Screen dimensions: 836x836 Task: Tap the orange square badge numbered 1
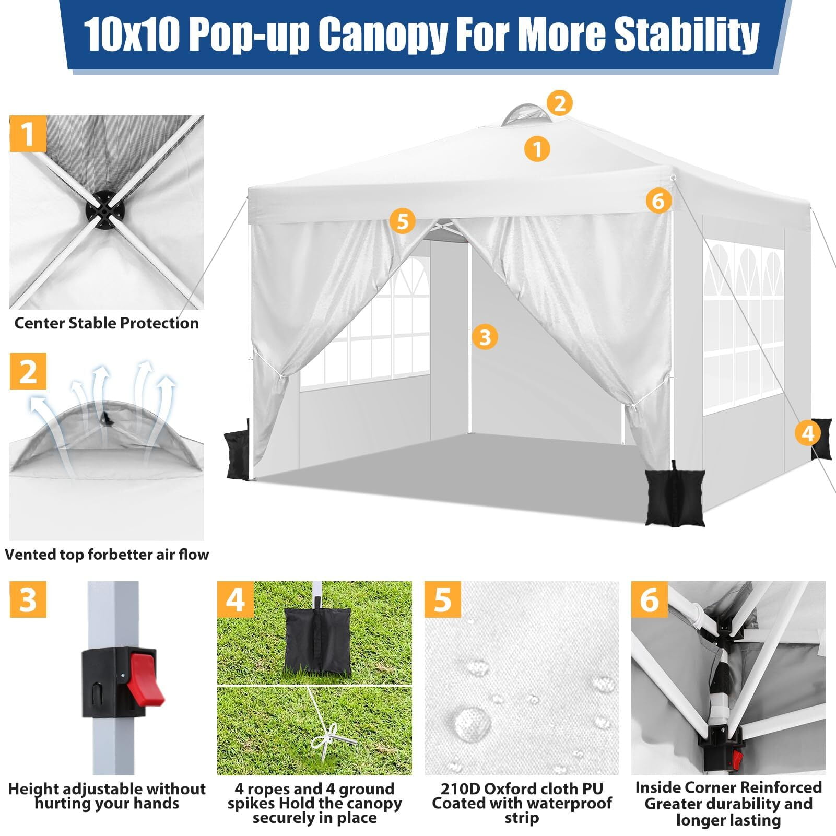point(28,134)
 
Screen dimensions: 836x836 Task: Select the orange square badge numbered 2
point(28,371)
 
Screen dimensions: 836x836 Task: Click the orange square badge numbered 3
point(28,599)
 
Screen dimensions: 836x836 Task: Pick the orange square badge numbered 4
point(236,599)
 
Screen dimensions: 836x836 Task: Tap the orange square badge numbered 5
point(443,599)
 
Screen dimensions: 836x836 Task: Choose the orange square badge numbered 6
point(650,599)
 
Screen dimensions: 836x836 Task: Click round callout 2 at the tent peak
point(560,103)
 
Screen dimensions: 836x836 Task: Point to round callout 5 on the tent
point(402,221)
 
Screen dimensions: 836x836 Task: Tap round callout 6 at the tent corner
point(658,200)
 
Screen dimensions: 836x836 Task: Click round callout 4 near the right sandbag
point(808,433)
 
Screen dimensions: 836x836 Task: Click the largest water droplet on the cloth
point(472,724)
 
